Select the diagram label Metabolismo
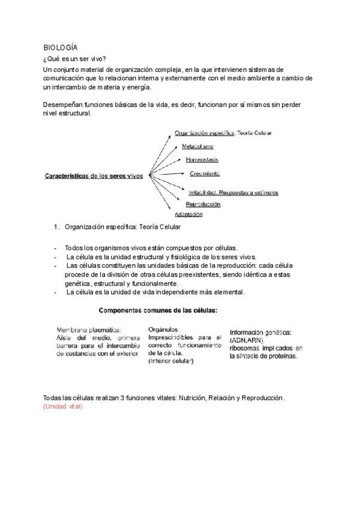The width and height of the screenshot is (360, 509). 197,146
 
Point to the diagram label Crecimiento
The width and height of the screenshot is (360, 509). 205,173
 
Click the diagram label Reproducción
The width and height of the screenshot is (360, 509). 202,204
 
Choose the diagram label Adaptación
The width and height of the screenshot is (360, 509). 188,214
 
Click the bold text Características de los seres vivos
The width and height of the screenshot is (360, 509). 94,176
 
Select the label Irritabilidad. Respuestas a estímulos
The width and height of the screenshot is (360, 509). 233,193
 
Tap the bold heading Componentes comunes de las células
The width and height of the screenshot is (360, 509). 158,310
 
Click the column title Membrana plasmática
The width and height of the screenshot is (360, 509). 89,330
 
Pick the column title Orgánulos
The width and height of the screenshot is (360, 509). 163,330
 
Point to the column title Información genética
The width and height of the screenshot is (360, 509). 260,332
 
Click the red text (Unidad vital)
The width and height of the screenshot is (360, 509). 62,407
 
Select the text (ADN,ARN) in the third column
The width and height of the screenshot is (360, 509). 247,340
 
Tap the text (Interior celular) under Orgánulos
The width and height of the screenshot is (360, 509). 171,361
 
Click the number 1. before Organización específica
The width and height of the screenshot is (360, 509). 57,227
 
